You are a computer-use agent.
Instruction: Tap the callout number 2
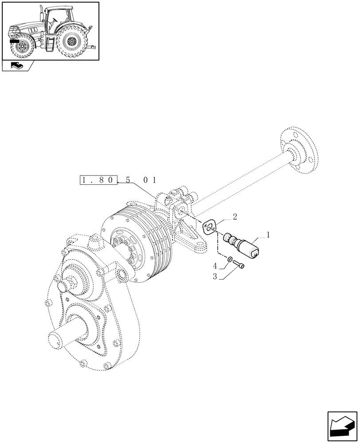tap(235, 217)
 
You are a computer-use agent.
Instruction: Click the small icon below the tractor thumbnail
tap(17, 66)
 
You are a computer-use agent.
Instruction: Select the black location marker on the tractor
tap(14, 40)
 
